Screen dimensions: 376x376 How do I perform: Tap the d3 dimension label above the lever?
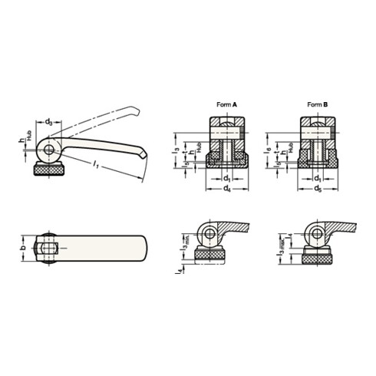tap(49, 121)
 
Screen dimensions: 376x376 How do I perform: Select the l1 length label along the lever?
tap(94, 163)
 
